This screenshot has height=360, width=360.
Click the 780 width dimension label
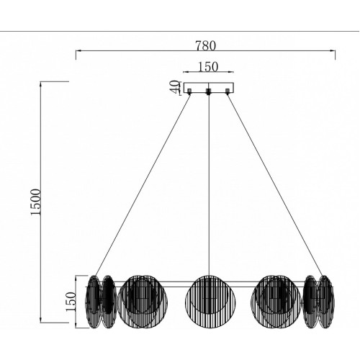tap(205, 45)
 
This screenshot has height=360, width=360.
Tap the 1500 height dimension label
tap(36, 202)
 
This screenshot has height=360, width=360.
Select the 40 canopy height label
tap(174, 87)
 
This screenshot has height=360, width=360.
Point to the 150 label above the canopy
tap(208, 67)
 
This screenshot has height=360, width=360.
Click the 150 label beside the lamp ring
tap(71, 302)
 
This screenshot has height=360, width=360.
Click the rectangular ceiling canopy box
tap(209, 88)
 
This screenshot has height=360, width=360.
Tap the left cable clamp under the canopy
tap(189, 91)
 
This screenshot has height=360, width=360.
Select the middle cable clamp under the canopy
tap(209, 91)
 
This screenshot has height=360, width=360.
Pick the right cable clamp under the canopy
tap(228, 91)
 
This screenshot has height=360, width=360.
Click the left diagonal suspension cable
tap(143, 185)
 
